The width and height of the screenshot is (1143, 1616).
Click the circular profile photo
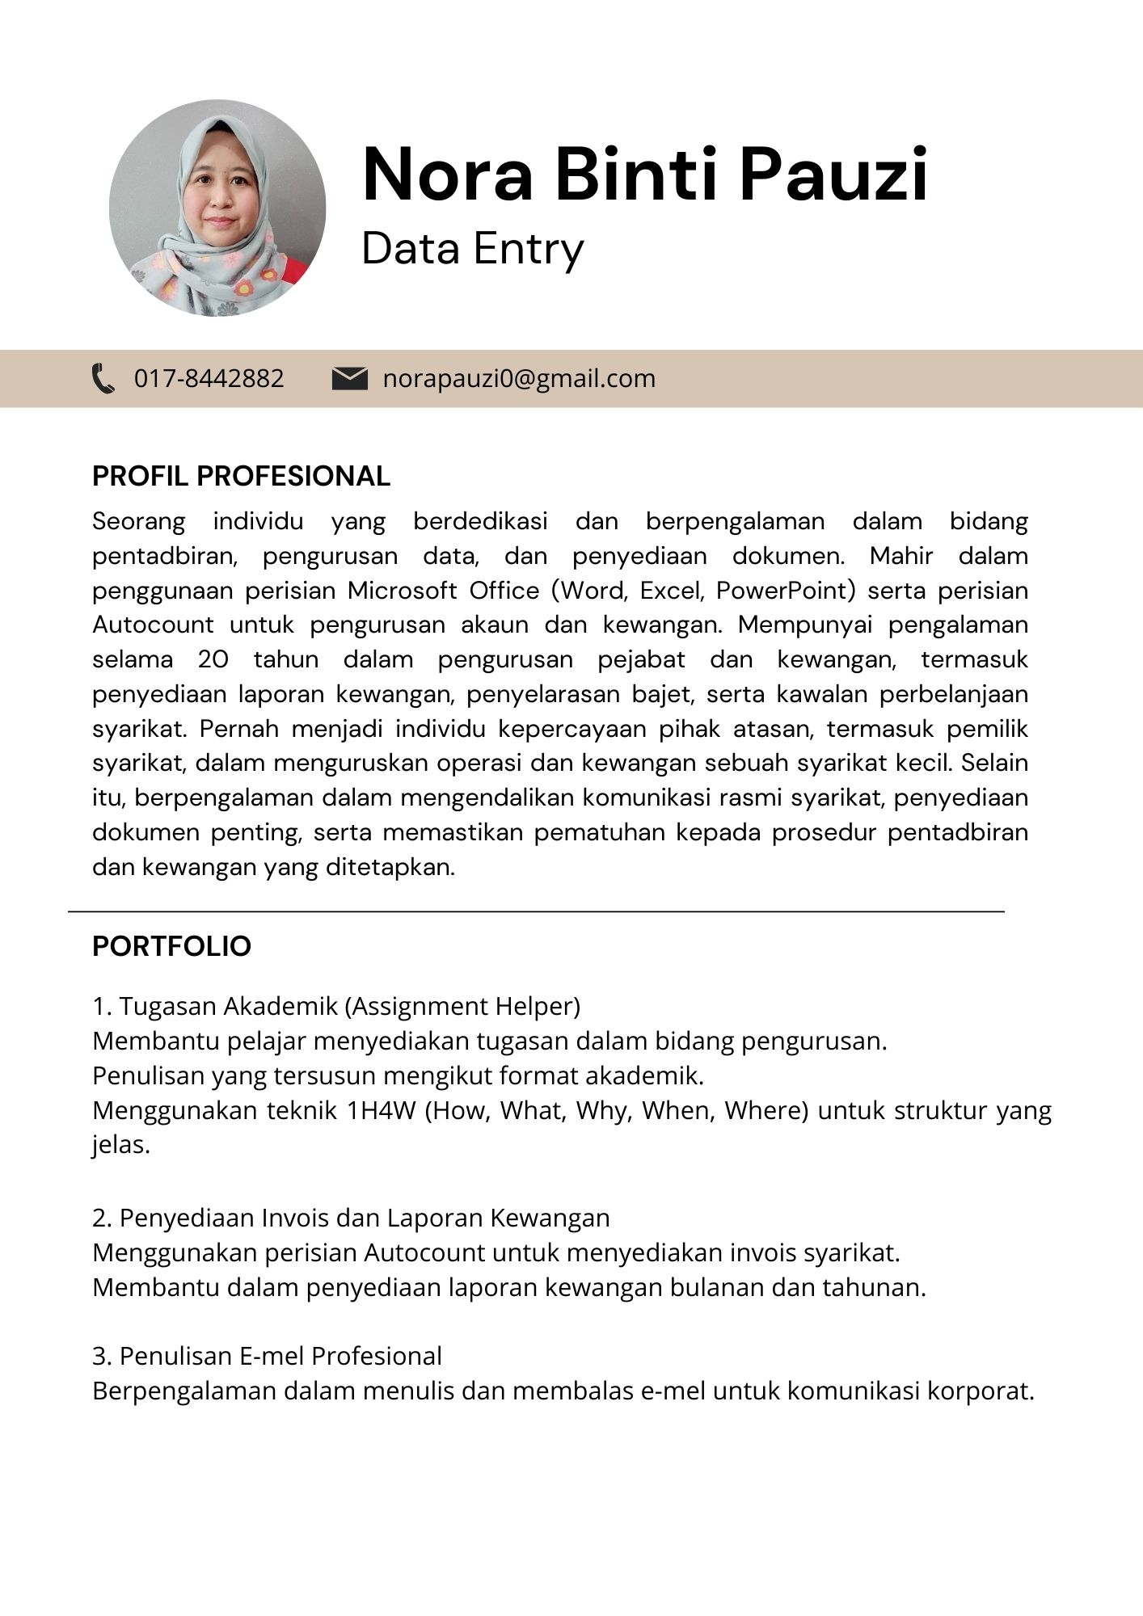point(217,208)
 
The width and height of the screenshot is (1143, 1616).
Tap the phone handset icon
point(103,378)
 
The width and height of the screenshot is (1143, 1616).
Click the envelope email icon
point(349,378)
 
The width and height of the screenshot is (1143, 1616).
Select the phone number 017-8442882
point(209,378)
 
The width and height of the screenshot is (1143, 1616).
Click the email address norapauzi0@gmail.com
point(519,378)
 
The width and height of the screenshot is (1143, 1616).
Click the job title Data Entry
point(472,248)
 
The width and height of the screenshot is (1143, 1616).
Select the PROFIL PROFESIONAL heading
point(241,476)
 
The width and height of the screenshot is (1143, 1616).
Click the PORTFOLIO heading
point(171,945)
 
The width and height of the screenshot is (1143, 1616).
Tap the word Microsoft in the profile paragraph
point(403,591)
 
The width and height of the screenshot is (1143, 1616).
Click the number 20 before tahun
point(213,659)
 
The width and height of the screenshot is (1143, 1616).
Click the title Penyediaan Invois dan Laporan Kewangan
point(364,1218)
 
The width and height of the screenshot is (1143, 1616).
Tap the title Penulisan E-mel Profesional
point(280,1356)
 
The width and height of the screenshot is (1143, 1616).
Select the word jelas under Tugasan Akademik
point(121,1145)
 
